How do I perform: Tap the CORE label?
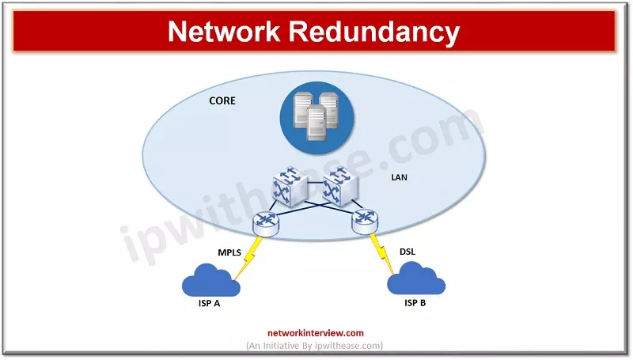[222, 101]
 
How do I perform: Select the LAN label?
[400, 177]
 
